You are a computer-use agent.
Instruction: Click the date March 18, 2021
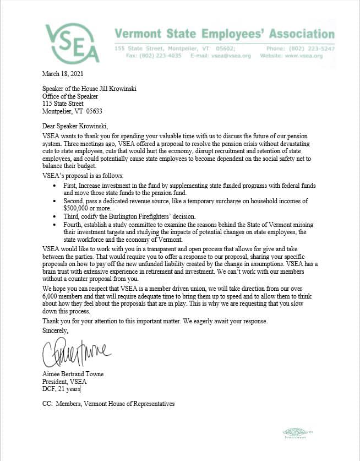[63, 73]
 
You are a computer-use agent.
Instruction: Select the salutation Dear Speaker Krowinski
[75, 126]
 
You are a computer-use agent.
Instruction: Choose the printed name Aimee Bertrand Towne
[73, 374]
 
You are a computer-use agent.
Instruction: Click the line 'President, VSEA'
[64, 381]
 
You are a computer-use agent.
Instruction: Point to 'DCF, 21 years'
[61, 388]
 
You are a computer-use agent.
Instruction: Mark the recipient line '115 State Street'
[63, 102]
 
